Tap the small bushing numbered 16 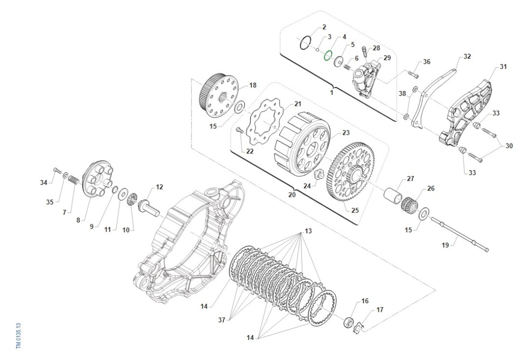349,321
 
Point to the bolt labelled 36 413,74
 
